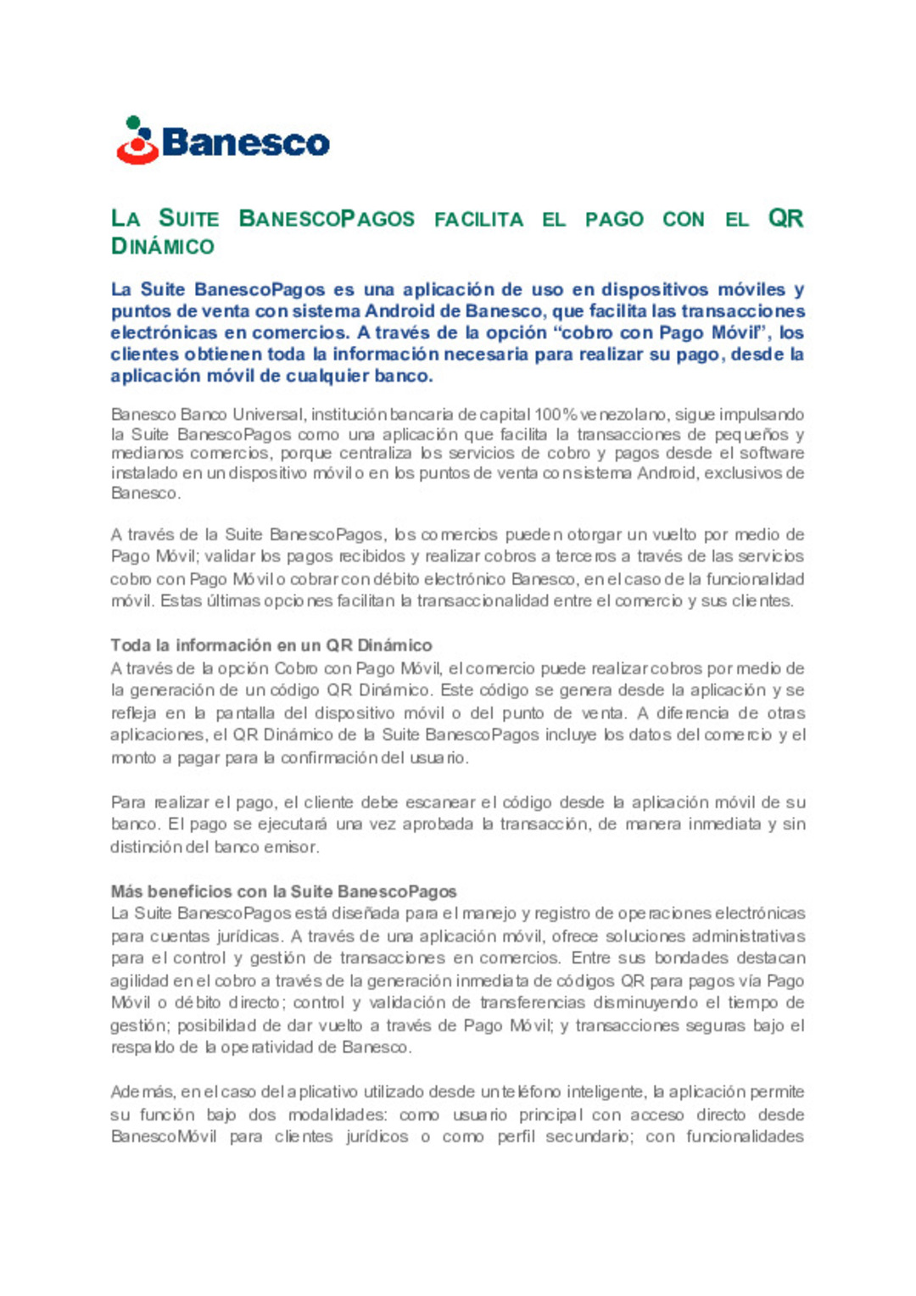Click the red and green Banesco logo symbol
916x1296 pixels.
pyautogui.click(x=137, y=141)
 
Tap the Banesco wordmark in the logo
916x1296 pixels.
pyautogui.click(x=245, y=142)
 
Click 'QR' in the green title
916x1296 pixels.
pyautogui.click(x=785, y=219)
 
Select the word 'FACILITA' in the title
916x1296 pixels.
pyautogui.click(x=478, y=220)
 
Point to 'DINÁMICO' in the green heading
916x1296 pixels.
pyautogui.click(x=163, y=247)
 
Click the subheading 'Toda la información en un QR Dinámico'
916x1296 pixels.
pyautogui.click(x=271, y=645)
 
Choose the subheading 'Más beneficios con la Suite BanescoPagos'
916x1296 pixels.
pyautogui.click(x=283, y=891)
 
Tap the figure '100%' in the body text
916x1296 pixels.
pyautogui.click(x=556, y=415)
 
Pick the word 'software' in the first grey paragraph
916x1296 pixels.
pyautogui.click(x=772, y=453)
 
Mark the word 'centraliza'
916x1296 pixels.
pyautogui.click(x=378, y=453)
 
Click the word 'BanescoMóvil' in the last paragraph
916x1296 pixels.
pyautogui.click(x=164, y=1137)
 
